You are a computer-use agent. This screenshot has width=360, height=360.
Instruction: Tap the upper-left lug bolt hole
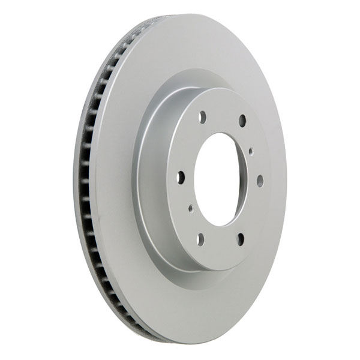[202, 118]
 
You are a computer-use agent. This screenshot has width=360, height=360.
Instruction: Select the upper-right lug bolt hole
[242, 121]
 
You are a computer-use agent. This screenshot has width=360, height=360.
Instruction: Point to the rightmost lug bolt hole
[260, 180]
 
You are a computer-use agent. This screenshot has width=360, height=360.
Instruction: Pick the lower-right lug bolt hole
[241, 239]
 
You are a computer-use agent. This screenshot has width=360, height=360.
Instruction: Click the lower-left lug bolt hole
[200, 239]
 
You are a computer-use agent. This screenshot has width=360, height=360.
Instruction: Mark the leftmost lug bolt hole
[181, 178]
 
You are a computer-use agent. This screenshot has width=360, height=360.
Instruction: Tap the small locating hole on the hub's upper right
[250, 151]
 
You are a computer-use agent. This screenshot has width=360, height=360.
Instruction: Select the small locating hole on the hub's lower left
[190, 208]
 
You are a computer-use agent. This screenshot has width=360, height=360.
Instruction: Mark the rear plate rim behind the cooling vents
[76, 180]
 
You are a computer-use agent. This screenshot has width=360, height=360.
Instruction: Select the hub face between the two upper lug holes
[222, 114]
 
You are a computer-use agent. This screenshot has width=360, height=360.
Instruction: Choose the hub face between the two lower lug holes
[221, 246]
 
